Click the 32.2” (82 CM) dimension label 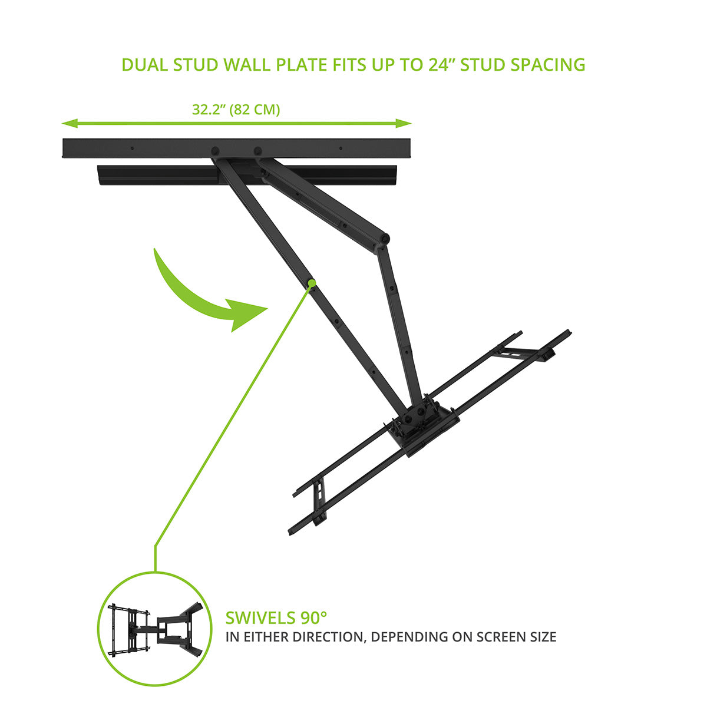click(236, 110)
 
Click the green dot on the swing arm click(310, 283)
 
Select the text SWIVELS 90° click(276, 618)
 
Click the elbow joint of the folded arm click(384, 239)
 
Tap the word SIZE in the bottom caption click(539, 637)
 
